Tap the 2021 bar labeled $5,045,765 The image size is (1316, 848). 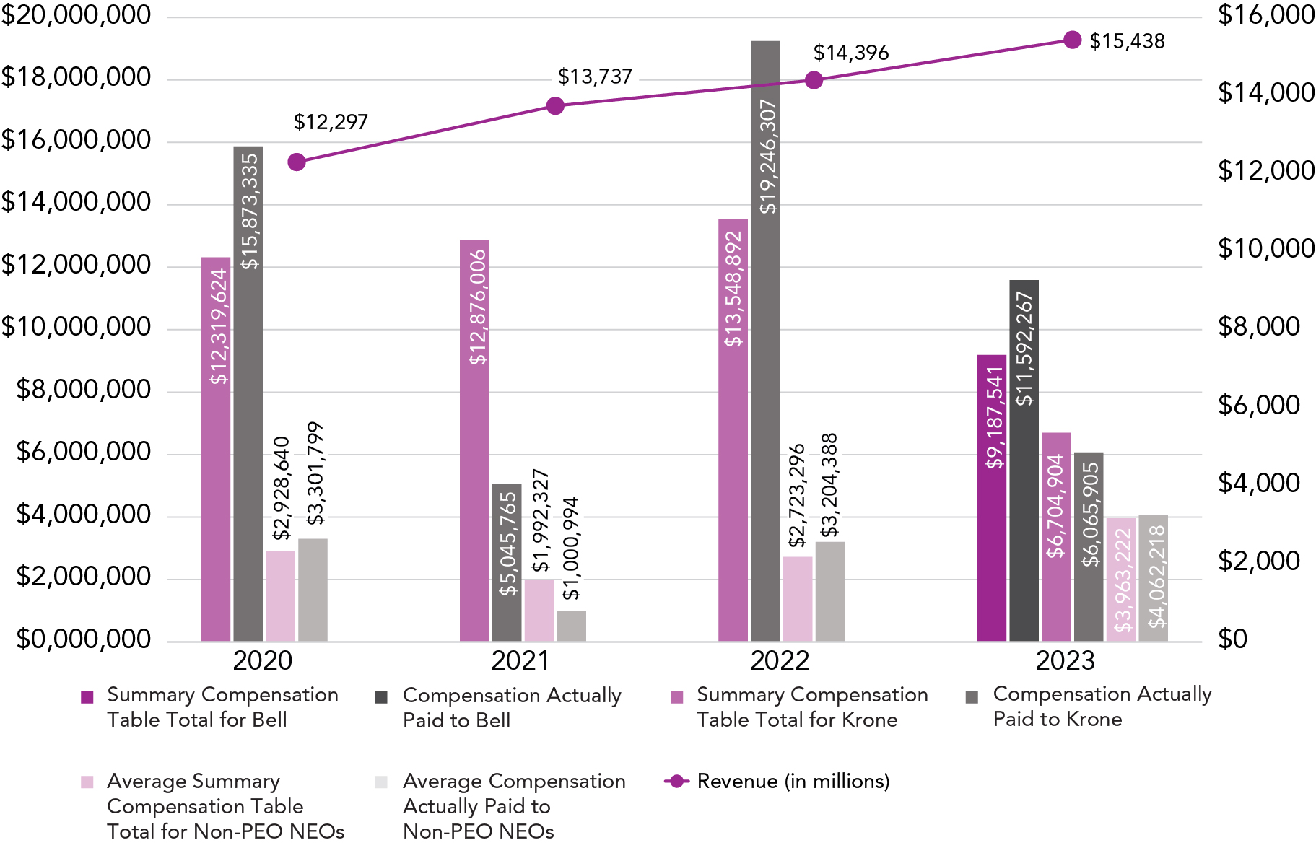pyautogui.click(x=507, y=562)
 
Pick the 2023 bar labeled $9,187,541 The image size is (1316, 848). pyautogui.click(x=991, y=498)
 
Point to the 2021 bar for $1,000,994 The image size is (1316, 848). pyautogui.click(x=571, y=626)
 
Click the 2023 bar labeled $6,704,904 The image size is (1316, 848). pyautogui.click(x=1056, y=537)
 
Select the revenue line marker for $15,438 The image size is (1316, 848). pyautogui.click(x=1073, y=40)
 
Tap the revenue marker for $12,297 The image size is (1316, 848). pyautogui.click(x=297, y=162)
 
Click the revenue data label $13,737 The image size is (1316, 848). pyautogui.click(x=595, y=77)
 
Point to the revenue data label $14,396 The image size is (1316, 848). pyautogui.click(x=851, y=53)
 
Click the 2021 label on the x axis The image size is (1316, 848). pyautogui.click(x=520, y=660)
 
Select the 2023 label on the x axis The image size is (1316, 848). pyautogui.click(x=1065, y=660)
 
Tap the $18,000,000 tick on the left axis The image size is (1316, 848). pyautogui.click(x=76, y=77)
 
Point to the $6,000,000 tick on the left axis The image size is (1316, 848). pyautogui.click(x=84, y=452)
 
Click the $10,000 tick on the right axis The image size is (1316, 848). pyautogui.click(x=1265, y=249)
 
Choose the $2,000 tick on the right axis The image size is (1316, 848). pyautogui.click(x=1258, y=561)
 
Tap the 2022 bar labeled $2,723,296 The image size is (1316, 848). pyautogui.click(x=798, y=598)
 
